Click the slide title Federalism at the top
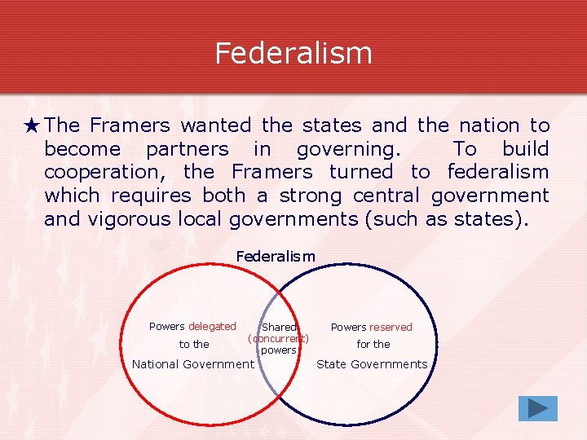click(293, 53)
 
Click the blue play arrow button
click(537, 408)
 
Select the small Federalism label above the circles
click(276, 257)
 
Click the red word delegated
click(212, 326)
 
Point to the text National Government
click(193, 364)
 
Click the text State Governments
click(372, 364)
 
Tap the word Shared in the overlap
click(279, 328)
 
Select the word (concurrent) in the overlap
click(278, 338)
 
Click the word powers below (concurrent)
click(279, 350)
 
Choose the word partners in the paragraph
click(188, 149)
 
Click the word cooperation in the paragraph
click(104, 172)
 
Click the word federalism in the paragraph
click(498, 172)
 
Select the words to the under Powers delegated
click(194, 344)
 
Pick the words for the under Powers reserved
click(373, 344)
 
